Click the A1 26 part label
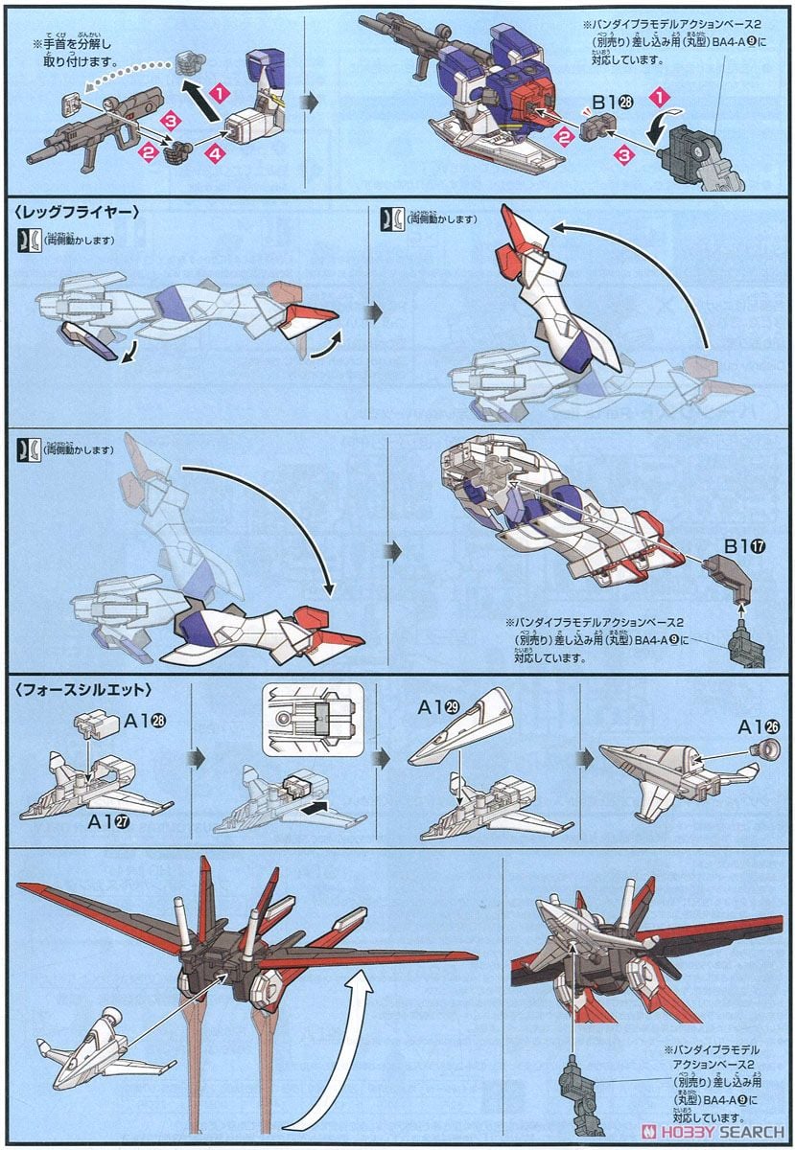[753, 727]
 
